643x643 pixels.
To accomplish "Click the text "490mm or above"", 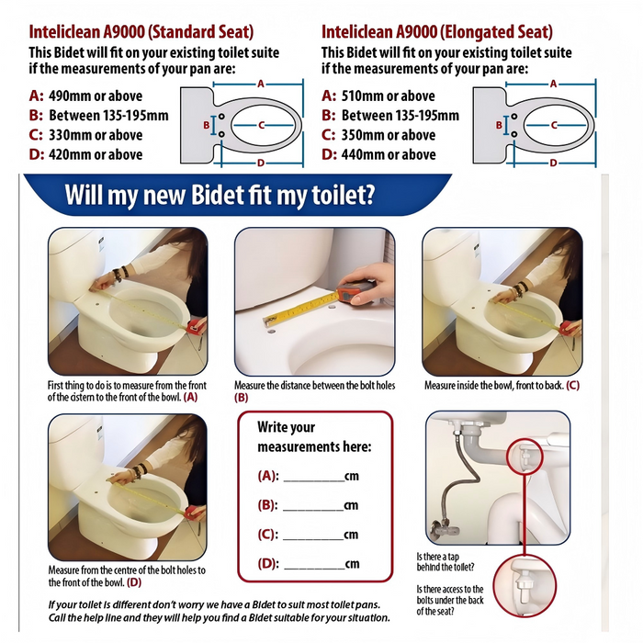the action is [x=96, y=96].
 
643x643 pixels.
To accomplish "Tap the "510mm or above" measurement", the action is [x=388, y=96].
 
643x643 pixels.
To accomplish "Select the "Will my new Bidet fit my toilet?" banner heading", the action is [x=220, y=194].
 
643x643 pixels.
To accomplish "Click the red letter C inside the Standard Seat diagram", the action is [x=262, y=125].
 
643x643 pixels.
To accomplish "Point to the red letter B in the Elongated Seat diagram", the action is [x=499, y=125].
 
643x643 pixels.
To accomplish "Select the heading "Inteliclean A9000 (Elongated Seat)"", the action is [x=437, y=32].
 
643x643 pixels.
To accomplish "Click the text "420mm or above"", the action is [x=96, y=154].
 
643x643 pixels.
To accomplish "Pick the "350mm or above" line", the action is [x=389, y=135].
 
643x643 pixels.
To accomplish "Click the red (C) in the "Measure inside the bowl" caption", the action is [x=572, y=386].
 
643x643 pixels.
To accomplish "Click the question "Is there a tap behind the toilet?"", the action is [x=446, y=562].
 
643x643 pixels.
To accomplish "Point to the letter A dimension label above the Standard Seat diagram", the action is [x=261, y=85].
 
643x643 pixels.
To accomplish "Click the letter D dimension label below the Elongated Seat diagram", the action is [x=553, y=164].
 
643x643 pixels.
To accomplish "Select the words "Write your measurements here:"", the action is [x=314, y=436].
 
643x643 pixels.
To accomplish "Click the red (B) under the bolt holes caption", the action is [x=241, y=398].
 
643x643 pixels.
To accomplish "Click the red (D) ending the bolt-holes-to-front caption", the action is [x=134, y=582].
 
